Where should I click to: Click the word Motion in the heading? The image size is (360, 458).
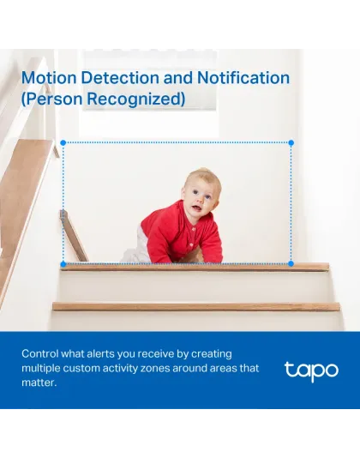coord(47,78)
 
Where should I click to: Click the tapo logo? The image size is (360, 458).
coord(311,371)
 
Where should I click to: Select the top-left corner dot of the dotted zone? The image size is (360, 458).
coord(63,143)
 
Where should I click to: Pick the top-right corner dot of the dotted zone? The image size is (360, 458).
coord(291,143)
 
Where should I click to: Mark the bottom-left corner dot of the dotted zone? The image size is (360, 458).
coord(63,263)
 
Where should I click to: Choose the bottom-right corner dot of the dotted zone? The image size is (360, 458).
coord(291,263)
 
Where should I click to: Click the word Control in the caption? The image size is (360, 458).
coord(41,353)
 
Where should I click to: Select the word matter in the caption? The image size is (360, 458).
coord(38,383)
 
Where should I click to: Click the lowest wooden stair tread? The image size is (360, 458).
coord(195,306)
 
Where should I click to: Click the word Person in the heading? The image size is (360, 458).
coord(55,99)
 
